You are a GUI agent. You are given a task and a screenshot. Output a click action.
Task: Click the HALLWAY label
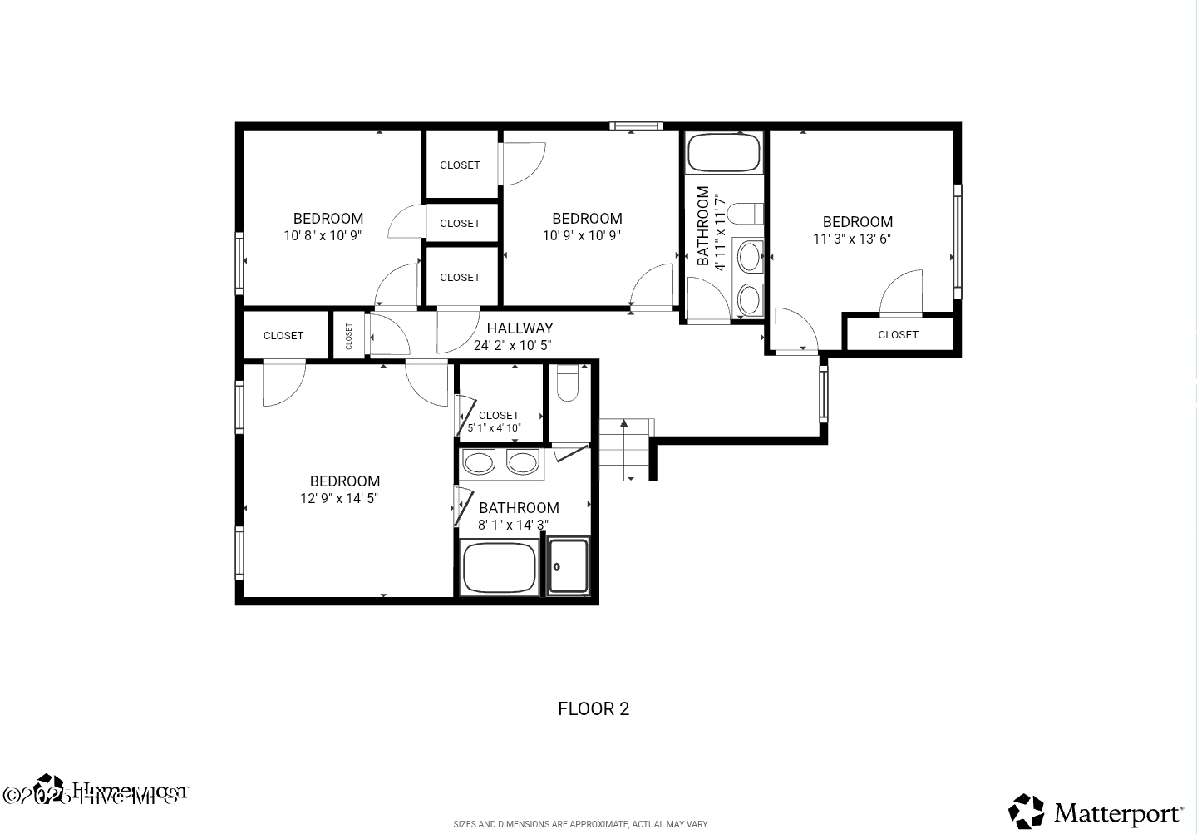pyautogui.click(x=520, y=328)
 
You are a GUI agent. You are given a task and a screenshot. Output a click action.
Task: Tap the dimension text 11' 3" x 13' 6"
pyautogui.click(x=852, y=239)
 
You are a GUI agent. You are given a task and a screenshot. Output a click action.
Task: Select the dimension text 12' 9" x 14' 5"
pyautogui.click(x=339, y=499)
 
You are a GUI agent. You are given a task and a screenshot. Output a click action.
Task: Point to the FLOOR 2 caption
pyautogui.click(x=594, y=709)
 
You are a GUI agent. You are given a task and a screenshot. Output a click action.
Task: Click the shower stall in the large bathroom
pyautogui.click(x=569, y=566)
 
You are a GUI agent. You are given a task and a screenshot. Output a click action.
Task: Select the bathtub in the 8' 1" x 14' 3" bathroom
pyautogui.click(x=499, y=567)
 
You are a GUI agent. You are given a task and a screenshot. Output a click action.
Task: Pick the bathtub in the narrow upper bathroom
pyautogui.click(x=723, y=152)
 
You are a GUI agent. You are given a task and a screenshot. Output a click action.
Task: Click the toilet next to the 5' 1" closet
pyautogui.click(x=568, y=383)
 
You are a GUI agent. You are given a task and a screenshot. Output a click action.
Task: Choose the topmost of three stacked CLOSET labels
pyautogui.click(x=460, y=165)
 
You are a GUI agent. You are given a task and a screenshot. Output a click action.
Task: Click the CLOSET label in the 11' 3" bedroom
pyautogui.click(x=898, y=335)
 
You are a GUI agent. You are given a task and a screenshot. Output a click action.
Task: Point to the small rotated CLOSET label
pyautogui.click(x=349, y=336)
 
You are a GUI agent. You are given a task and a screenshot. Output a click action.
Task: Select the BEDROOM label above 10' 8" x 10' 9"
pyautogui.click(x=328, y=219)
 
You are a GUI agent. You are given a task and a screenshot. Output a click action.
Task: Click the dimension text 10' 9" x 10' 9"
pyautogui.click(x=582, y=236)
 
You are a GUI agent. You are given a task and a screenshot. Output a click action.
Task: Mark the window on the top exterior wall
pyautogui.click(x=636, y=126)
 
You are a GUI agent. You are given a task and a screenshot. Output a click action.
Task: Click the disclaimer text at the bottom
pyautogui.click(x=581, y=824)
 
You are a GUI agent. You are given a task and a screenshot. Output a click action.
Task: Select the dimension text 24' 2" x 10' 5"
pyautogui.click(x=512, y=346)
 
